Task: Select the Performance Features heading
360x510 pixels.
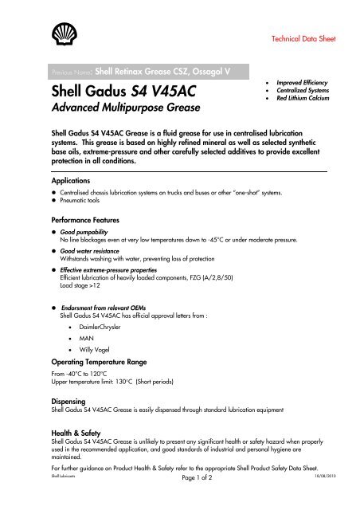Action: (x=88, y=218)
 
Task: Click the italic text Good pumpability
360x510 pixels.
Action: (x=84, y=230)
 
